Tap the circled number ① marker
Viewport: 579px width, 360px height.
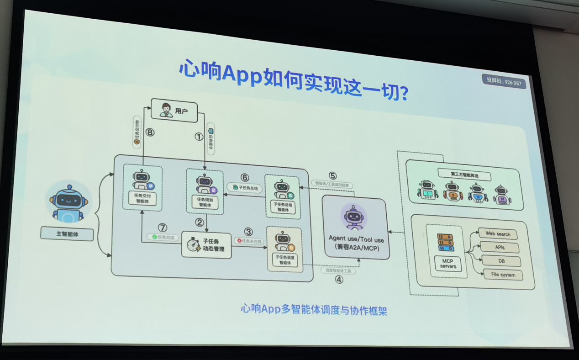point(199,137)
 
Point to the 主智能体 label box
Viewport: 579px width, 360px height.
point(67,233)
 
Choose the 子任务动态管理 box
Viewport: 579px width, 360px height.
point(206,245)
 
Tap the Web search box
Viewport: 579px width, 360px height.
point(498,234)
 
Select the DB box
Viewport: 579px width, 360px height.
point(500,261)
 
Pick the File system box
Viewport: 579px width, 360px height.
point(503,275)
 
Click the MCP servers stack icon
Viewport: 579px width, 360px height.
point(446,242)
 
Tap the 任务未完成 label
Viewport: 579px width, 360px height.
point(249,240)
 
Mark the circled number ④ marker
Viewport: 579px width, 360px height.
point(339,279)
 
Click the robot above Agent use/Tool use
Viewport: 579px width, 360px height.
point(354,217)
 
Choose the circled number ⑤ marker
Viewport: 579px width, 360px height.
point(332,176)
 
